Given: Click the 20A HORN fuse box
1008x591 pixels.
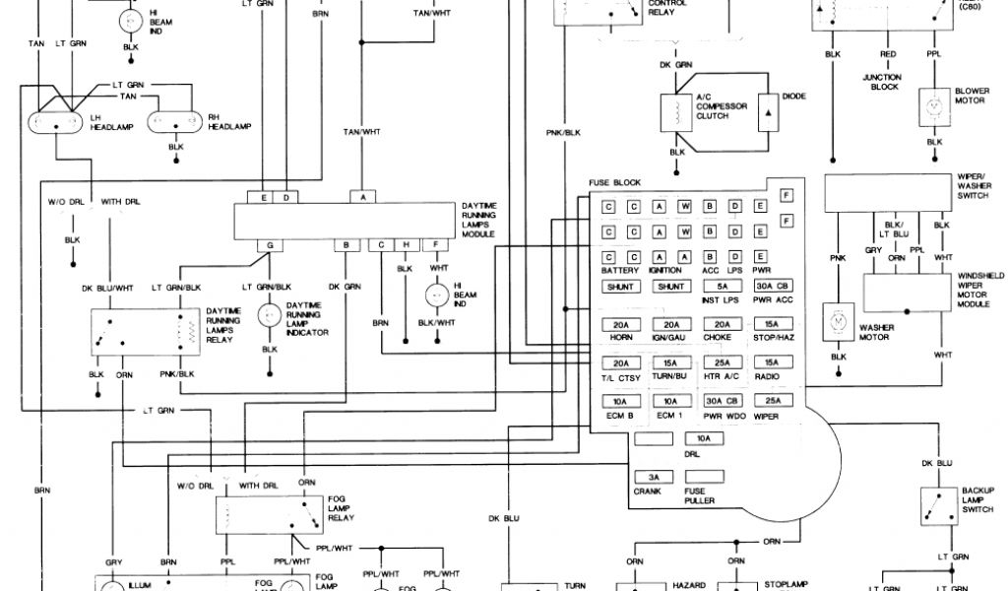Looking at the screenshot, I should (x=620, y=325).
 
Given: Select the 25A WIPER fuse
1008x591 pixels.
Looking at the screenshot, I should (x=773, y=401).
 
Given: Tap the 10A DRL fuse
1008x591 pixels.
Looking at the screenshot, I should (x=703, y=438).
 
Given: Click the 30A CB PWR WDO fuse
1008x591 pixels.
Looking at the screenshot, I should (x=724, y=401).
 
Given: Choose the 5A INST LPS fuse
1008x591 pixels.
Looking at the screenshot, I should (x=724, y=287).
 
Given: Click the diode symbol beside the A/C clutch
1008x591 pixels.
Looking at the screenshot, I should (x=768, y=115).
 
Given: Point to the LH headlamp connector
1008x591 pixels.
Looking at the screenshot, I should (x=59, y=123).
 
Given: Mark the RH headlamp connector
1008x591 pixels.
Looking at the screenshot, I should (x=175, y=122).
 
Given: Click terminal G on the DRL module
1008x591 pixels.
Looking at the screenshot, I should (x=268, y=243).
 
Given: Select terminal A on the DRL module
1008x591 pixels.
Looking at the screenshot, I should (x=363, y=197).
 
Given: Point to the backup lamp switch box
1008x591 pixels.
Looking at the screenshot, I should (x=941, y=506).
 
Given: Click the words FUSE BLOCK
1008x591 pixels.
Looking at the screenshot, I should (x=614, y=183).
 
